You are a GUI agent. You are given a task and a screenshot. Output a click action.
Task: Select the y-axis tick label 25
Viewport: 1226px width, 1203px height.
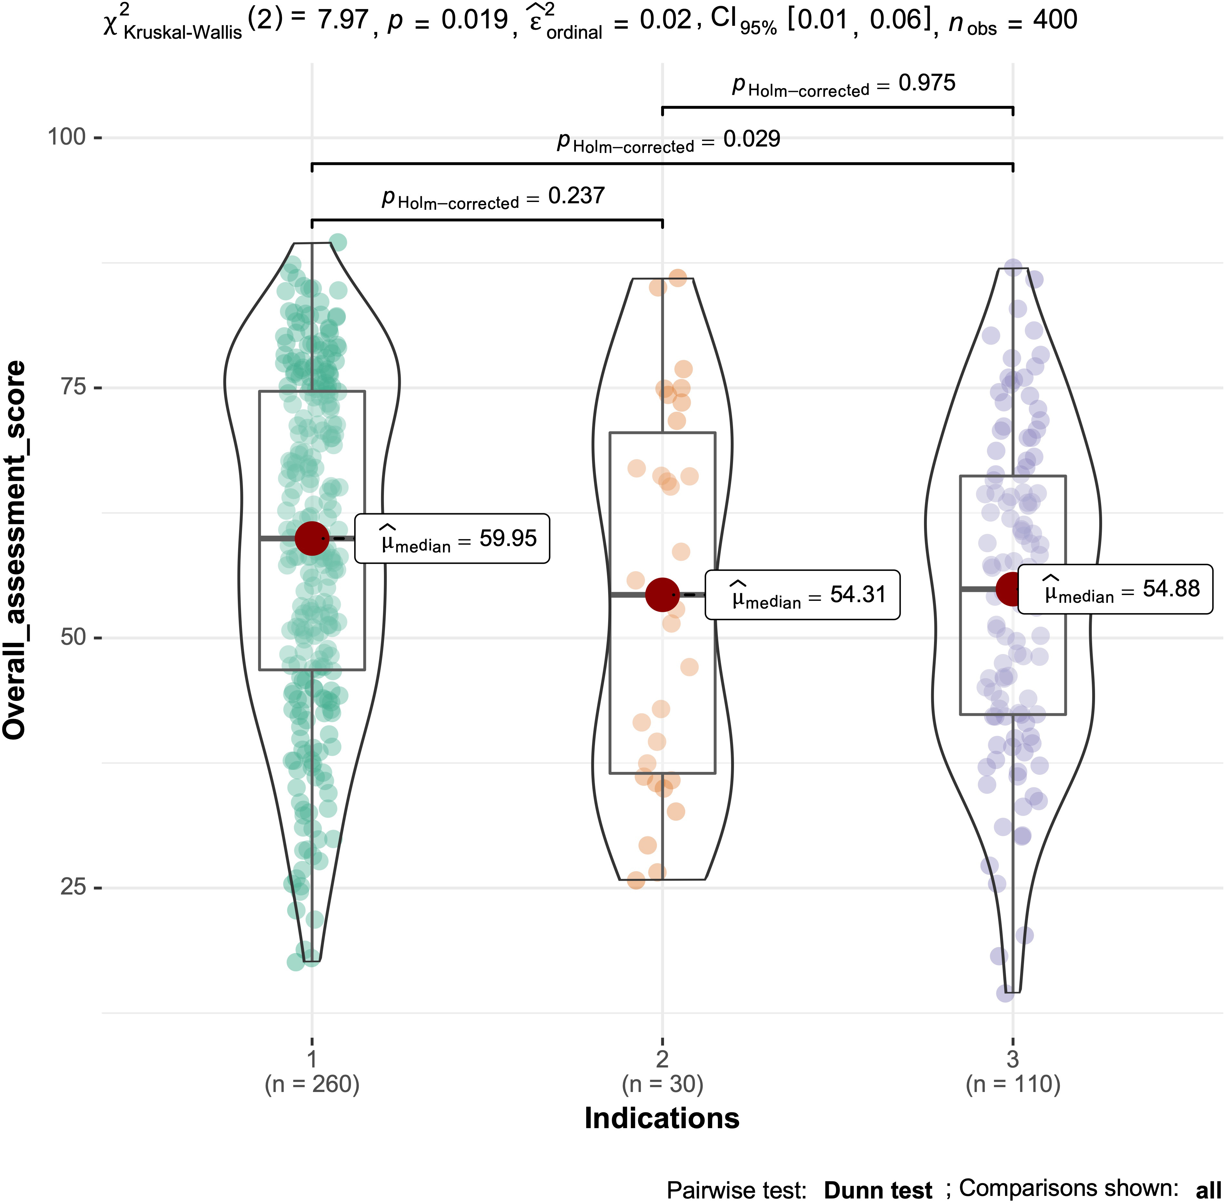pyautogui.click(x=73, y=887)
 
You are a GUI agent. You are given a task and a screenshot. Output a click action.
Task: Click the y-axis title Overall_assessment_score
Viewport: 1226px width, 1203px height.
pyautogui.click(x=15, y=550)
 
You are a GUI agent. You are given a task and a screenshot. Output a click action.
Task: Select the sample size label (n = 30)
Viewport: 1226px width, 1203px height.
pyautogui.click(x=662, y=1084)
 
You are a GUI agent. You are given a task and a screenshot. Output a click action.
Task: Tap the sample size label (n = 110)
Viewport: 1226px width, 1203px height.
pyautogui.click(x=1012, y=1084)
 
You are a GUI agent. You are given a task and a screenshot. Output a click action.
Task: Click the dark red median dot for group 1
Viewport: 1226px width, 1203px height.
pyautogui.click(x=312, y=538)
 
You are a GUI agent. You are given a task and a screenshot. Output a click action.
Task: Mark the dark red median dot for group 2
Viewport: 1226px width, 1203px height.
pyautogui.click(x=662, y=594)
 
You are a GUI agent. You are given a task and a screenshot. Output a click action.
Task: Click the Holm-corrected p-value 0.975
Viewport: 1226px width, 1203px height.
pyautogui.click(x=927, y=83)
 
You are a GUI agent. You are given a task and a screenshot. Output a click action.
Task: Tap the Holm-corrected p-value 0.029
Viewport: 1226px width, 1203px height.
pyautogui.click(x=752, y=139)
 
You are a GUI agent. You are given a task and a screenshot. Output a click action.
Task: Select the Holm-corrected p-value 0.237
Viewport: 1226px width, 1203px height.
pyautogui.click(x=576, y=196)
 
